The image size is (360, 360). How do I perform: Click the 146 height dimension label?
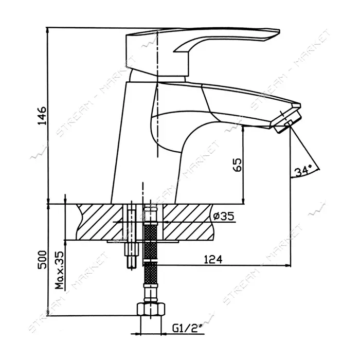[x=42, y=116]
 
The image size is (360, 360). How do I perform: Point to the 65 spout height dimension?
[x=237, y=165]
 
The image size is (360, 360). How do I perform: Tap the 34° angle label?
[x=303, y=170]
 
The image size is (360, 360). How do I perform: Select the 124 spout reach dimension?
[x=213, y=259]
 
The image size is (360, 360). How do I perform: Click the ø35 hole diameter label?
[x=224, y=216]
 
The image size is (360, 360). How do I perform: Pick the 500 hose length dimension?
[x=42, y=260]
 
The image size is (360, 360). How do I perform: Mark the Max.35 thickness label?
[x=59, y=270]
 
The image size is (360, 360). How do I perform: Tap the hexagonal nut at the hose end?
[x=151, y=310]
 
